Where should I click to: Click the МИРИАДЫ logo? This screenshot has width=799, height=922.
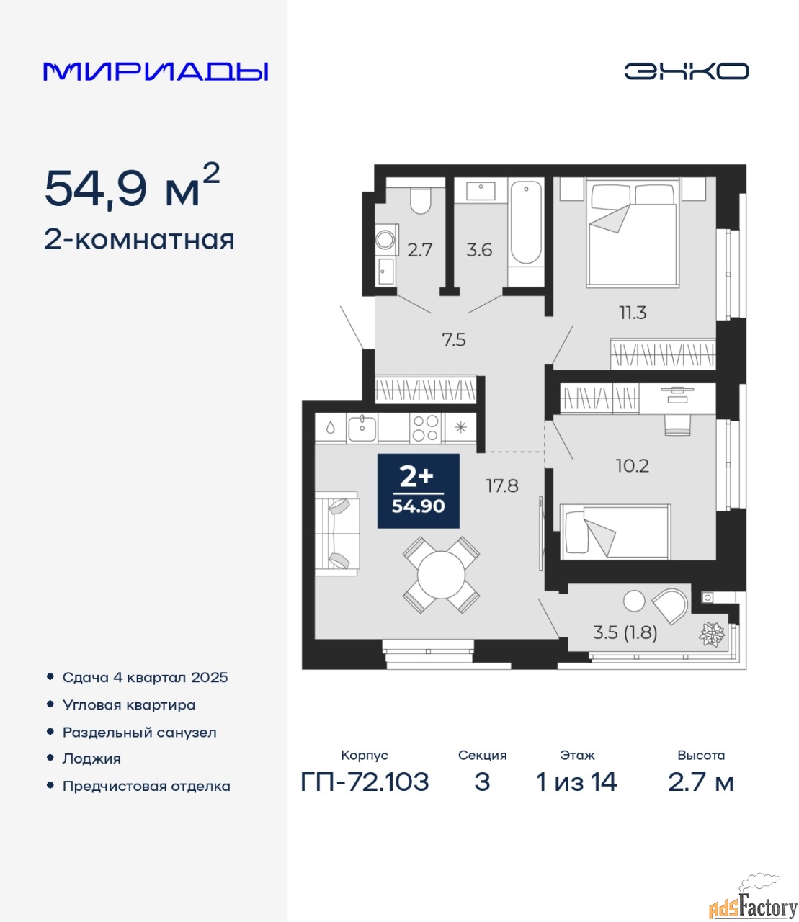click(156, 71)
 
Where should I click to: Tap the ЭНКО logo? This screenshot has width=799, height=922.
click(686, 71)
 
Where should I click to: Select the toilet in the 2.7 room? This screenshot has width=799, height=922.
click(420, 201)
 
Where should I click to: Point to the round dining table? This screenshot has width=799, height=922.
click(441, 575)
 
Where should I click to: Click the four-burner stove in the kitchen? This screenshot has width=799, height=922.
click(425, 428)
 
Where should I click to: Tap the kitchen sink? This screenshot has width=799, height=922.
click(362, 428)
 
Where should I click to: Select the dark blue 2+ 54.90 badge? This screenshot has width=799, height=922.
click(418, 491)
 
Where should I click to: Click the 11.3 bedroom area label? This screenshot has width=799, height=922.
click(633, 313)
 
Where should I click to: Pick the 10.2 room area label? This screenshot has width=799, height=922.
click(632, 466)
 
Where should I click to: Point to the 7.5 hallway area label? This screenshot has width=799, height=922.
click(454, 340)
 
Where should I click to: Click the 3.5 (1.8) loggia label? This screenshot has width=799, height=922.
click(625, 632)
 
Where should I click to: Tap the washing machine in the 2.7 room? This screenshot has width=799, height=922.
click(385, 240)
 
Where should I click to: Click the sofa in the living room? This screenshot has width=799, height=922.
click(337, 534)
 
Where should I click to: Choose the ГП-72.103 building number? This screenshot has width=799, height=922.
click(365, 782)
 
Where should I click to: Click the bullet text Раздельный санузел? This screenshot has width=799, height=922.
click(139, 733)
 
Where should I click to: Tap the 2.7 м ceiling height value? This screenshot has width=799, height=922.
click(700, 782)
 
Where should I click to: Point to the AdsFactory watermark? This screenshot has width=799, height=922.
click(753, 901)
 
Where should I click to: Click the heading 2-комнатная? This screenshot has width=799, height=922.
click(139, 241)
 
